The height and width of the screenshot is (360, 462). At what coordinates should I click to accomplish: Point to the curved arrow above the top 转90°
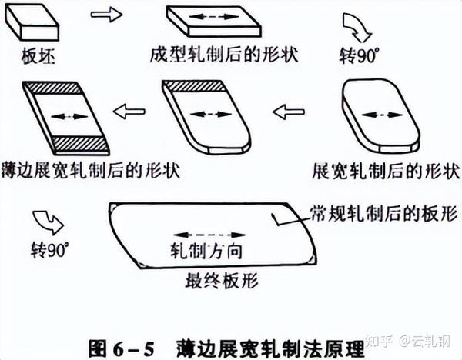click(360, 29)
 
